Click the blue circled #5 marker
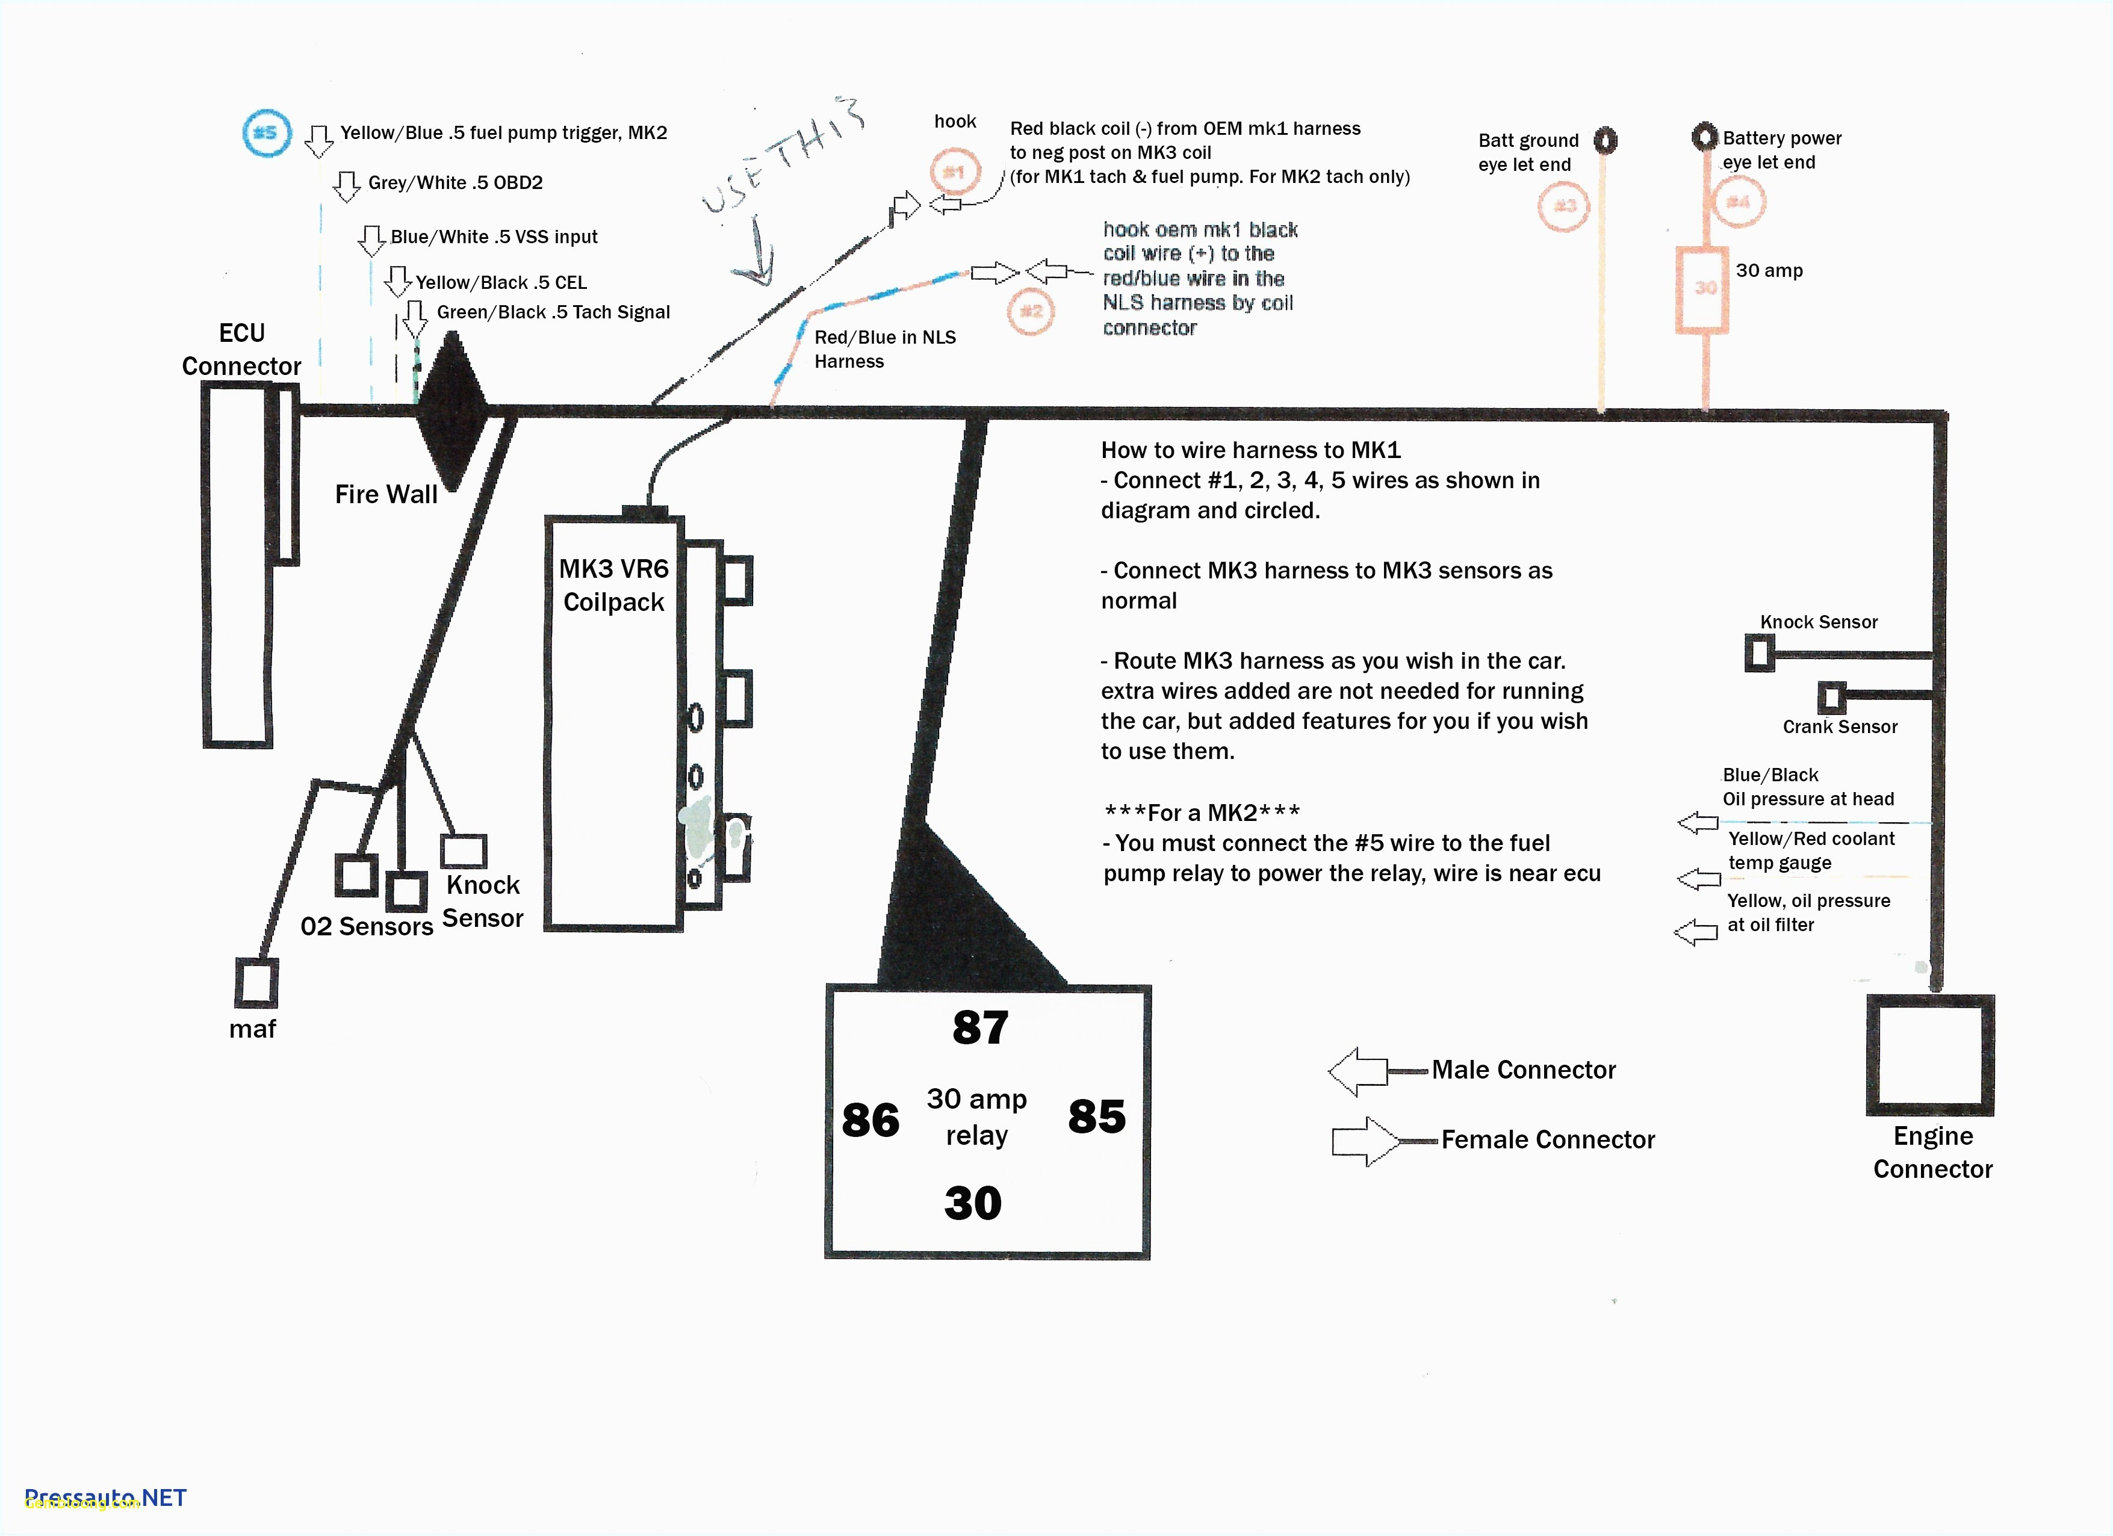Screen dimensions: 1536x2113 click(x=267, y=133)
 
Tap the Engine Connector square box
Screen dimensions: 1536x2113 click(x=1929, y=1055)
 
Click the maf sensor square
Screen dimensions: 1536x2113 click(x=256, y=983)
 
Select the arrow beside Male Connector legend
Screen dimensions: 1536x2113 click(x=1358, y=1072)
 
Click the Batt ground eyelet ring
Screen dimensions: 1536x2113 click(x=1604, y=141)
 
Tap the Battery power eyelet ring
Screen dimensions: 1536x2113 click(x=1704, y=137)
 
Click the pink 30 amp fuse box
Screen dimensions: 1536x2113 click(x=1702, y=289)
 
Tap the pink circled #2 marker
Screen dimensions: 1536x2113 click(x=1031, y=311)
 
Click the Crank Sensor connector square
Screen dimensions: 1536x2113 click(x=1831, y=697)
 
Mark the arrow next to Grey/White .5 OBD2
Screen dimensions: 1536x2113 click(x=347, y=185)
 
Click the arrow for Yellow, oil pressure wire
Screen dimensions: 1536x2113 click(x=1696, y=932)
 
